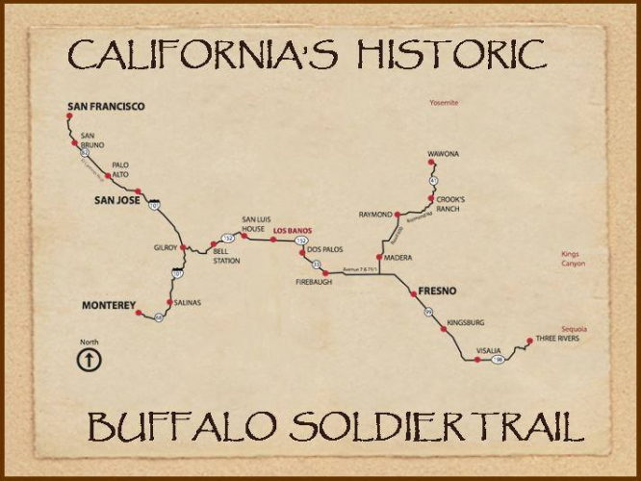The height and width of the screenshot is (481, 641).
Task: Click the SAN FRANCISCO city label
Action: click(x=105, y=106)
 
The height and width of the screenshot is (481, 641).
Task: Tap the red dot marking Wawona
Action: click(x=430, y=163)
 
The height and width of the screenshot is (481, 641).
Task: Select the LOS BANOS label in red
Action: click(x=293, y=231)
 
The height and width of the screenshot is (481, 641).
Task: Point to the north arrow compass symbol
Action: click(x=89, y=360)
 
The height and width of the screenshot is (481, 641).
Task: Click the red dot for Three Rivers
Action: click(x=528, y=340)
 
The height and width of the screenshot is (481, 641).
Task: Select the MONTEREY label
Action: click(x=109, y=305)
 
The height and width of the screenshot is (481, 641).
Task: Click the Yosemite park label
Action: click(x=444, y=103)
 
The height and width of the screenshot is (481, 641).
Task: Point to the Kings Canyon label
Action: click(x=573, y=259)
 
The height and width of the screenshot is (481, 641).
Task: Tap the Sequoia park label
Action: click(x=575, y=329)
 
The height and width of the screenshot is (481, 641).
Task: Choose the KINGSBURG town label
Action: click(x=465, y=322)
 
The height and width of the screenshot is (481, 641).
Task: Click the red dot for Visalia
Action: click(x=477, y=359)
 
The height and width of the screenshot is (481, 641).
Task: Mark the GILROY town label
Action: click(x=166, y=247)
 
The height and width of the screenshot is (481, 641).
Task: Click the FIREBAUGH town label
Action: click(x=314, y=284)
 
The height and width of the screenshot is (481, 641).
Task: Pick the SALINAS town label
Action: click(x=188, y=302)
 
